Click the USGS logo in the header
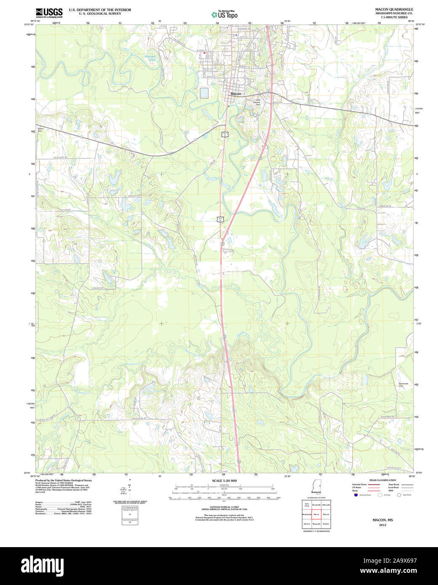click(49, 12)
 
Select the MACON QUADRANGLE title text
click(394, 9)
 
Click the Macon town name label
click(235, 94)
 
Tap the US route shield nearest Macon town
click(226, 133)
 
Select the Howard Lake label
click(150, 58)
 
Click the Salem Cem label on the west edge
click(40, 130)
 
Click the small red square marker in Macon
click(204, 53)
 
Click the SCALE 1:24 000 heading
click(224, 481)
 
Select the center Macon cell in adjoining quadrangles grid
click(316, 514)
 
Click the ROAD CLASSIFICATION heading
click(382, 480)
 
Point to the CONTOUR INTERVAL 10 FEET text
click(224, 507)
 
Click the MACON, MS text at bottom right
click(382, 520)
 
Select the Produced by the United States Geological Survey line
click(63, 480)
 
